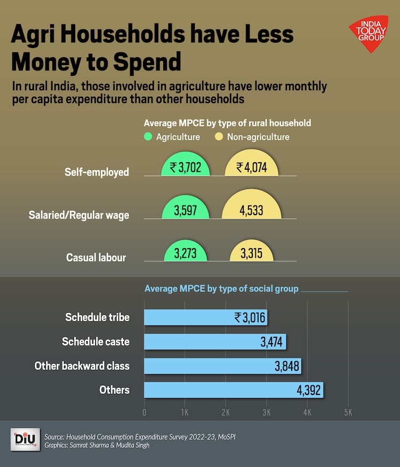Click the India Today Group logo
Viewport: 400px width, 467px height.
[369, 35]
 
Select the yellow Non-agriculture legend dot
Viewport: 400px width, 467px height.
[219, 137]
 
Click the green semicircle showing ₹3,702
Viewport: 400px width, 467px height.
[186, 167]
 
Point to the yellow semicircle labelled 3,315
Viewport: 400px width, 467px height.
[251, 253]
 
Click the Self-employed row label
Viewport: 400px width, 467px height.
[97, 172]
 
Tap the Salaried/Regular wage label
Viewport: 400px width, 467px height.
[78, 215]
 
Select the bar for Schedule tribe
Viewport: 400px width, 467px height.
[205, 318]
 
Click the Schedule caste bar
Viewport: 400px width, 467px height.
[215, 342]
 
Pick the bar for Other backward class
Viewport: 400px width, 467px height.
[222, 366]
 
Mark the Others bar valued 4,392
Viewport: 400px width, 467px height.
[234, 390]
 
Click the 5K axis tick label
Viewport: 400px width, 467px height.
[348, 413]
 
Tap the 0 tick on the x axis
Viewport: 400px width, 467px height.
[145, 413]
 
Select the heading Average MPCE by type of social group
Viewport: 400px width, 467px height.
[221, 289]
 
